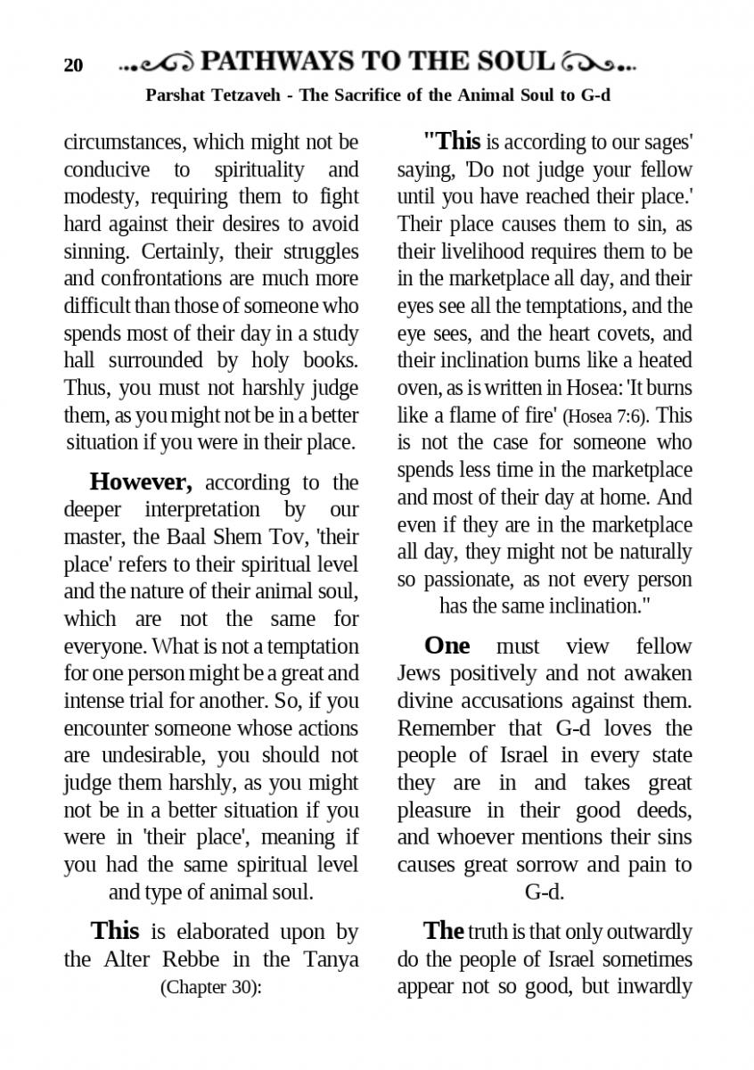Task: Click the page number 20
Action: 73,66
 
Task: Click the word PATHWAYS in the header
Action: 275,62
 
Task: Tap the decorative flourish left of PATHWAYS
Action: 157,63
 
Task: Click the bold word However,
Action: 141,482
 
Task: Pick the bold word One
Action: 447,646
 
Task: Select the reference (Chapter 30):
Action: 210,987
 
